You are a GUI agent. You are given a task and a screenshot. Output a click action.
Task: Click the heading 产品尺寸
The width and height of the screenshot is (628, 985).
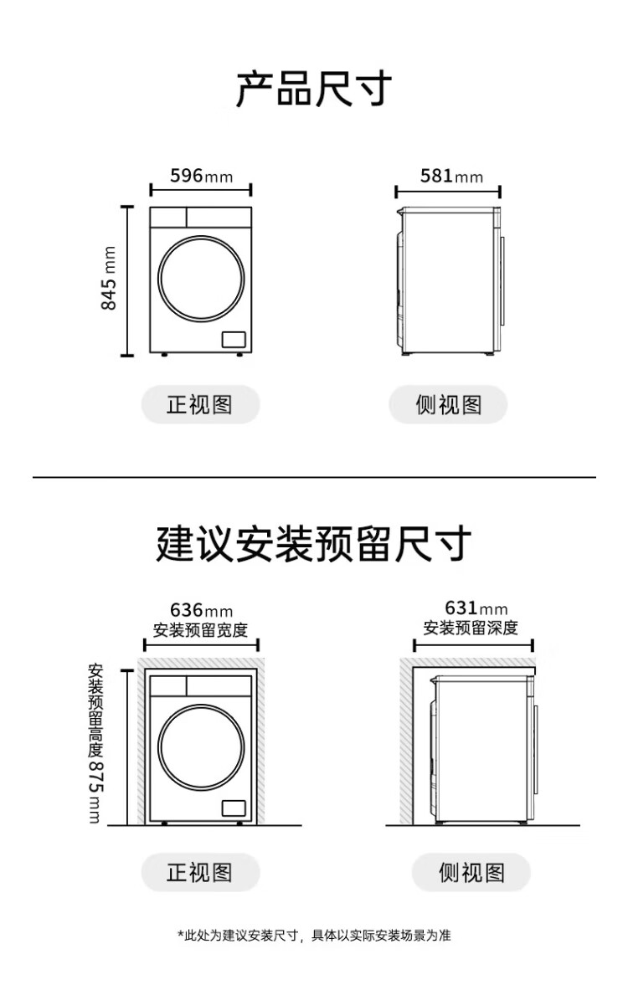click(314, 90)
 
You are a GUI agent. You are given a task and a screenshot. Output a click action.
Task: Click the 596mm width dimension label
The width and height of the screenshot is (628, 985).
click(201, 175)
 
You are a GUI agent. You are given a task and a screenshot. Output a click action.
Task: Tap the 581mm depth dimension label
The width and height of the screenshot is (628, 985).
click(451, 175)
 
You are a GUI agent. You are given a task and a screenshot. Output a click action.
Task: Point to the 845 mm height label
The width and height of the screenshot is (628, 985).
click(109, 279)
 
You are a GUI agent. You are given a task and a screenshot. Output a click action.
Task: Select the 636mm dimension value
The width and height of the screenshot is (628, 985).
click(201, 610)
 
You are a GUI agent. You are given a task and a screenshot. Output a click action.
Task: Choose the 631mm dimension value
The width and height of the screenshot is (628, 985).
click(476, 608)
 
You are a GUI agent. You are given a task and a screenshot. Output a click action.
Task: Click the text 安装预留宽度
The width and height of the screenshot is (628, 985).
click(200, 630)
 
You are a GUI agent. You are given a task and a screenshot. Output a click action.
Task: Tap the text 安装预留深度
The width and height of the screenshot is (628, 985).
click(471, 628)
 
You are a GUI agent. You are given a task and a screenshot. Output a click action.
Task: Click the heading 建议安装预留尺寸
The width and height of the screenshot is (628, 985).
click(314, 544)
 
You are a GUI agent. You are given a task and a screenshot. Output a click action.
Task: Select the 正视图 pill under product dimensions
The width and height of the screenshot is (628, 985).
click(200, 404)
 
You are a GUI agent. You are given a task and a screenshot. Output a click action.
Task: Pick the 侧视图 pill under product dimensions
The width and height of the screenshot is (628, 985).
click(448, 404)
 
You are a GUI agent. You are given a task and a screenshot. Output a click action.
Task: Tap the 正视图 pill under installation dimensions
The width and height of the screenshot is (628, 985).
click(200, 873)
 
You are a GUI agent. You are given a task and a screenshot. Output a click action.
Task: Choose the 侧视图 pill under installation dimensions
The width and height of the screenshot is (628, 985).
click(471, 873)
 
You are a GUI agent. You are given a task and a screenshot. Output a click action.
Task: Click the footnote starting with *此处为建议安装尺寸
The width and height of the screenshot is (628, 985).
click(314, 936)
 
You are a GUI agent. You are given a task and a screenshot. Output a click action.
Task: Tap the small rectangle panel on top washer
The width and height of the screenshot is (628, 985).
click(234, 339)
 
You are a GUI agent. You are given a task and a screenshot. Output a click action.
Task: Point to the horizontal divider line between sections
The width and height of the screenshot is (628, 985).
click(314, 477)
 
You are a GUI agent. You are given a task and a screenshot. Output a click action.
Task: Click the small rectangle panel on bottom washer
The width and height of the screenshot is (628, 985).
click(234, 808)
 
